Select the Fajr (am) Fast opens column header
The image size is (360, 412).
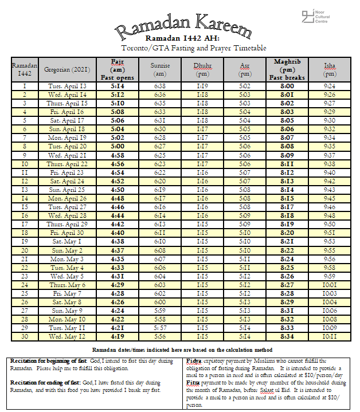point(117,69)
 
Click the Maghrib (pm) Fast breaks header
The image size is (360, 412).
point(287,69)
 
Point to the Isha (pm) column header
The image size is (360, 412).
point(330,69)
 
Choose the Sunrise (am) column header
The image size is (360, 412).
point(160,69)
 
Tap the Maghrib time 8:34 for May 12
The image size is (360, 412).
point(287,336)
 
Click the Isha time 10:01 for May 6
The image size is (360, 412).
point(330,284)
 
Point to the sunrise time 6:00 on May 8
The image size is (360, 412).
point(160,302)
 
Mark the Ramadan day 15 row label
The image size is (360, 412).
point(25,207)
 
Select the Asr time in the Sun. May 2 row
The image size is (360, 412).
point(245,250)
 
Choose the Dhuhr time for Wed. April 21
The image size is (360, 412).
point(202,155)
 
